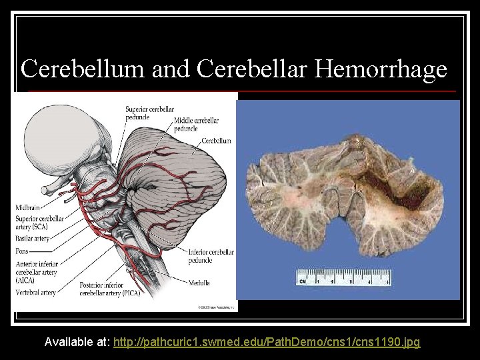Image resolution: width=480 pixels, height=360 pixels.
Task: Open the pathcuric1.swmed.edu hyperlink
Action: pos(267,342)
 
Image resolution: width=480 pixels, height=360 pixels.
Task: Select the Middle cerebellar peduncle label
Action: pos(196,125)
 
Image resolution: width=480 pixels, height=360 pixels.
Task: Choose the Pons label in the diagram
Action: pos(23,251)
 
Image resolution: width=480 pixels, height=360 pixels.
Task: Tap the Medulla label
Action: pos(199,282)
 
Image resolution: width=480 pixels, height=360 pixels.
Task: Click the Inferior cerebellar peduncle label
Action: pos(211,256)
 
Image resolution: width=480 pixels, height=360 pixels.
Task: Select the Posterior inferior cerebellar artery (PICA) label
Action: pos(110,289)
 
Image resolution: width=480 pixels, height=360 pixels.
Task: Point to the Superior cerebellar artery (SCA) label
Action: pos(40,223)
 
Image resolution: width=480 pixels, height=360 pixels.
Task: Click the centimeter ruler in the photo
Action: pos(343,278)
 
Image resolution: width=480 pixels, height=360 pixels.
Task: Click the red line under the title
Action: pos(240,91)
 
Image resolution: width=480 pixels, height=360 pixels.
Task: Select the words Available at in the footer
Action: pos(77,342)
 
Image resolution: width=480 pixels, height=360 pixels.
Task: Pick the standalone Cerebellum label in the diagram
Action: pos(216,141)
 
